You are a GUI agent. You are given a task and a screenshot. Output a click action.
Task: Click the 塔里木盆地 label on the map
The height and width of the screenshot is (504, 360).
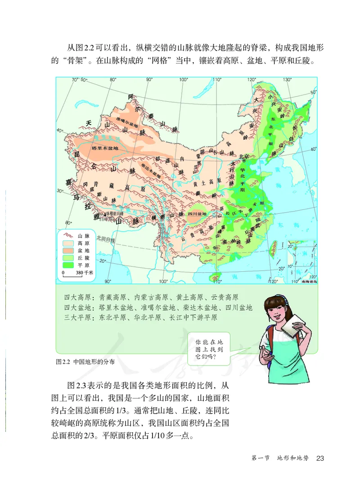coord(104,148)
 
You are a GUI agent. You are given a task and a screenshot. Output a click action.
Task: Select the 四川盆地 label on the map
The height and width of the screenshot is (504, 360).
coord(197,214)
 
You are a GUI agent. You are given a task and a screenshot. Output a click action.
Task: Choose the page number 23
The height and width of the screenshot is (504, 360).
coord(320,458)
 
